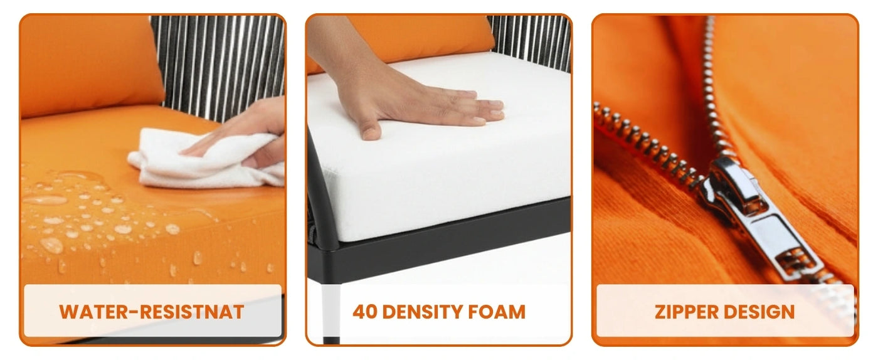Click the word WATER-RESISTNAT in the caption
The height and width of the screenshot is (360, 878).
[152, 312]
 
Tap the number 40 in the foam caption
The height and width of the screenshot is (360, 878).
[365, 312]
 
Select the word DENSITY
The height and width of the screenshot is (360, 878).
[423, 312]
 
